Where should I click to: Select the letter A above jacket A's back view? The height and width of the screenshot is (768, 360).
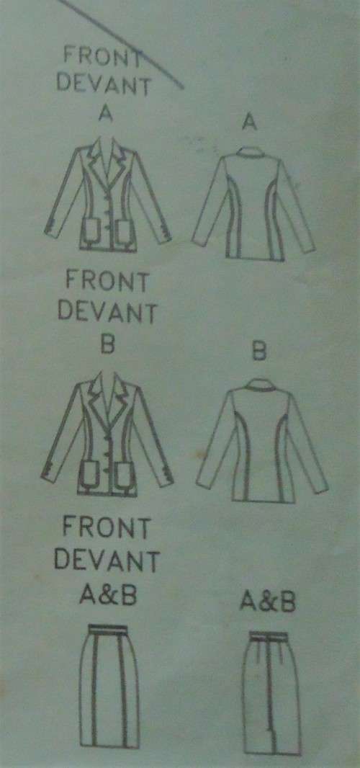coord(250,123)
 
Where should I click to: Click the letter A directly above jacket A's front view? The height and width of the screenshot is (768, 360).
coord(108,114)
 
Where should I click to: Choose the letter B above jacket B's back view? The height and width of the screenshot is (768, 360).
coord(260,353)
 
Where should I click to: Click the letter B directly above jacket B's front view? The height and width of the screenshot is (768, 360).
coord(108,344)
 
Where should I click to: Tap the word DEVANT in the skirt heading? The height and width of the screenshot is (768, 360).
coord(110,560)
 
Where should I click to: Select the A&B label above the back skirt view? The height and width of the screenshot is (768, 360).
coord(267,602)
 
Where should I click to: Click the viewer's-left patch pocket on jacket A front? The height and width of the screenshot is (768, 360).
coord(92,231)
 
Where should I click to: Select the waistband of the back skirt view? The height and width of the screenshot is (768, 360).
coord(269,635)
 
